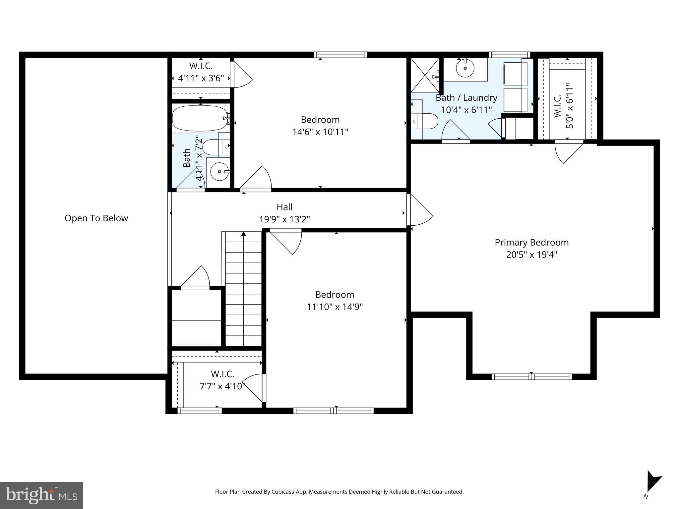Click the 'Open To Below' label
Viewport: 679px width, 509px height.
(x=96, y=218)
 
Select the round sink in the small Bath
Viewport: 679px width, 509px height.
(x=219, y=172)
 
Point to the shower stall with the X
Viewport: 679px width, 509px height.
(x=425, y=75)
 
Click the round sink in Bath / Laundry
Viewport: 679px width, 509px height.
(x=465, y=68)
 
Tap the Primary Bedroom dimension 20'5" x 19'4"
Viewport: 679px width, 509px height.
(x=531, y=254)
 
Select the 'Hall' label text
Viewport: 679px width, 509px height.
(x=284, y=207)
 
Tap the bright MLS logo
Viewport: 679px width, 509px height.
(x=41, y=495)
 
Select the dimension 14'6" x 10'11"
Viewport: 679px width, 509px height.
(x=320, y=132)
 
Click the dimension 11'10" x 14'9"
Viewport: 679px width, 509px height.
(x=335, y=307)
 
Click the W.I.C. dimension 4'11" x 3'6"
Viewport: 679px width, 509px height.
(x=201, y=78)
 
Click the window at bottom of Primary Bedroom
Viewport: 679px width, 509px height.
(x=531, y=376)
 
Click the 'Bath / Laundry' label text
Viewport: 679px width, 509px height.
(x=466, y=98)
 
